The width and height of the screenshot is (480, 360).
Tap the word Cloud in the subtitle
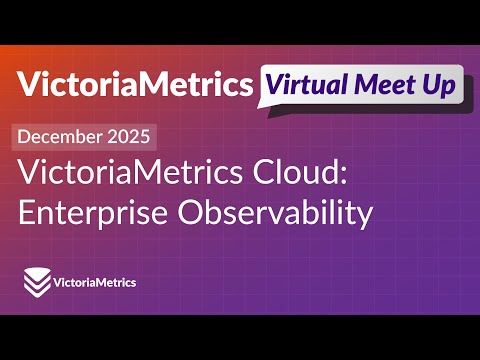point(277,176)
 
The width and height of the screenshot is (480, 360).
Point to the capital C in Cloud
point(245,176)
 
